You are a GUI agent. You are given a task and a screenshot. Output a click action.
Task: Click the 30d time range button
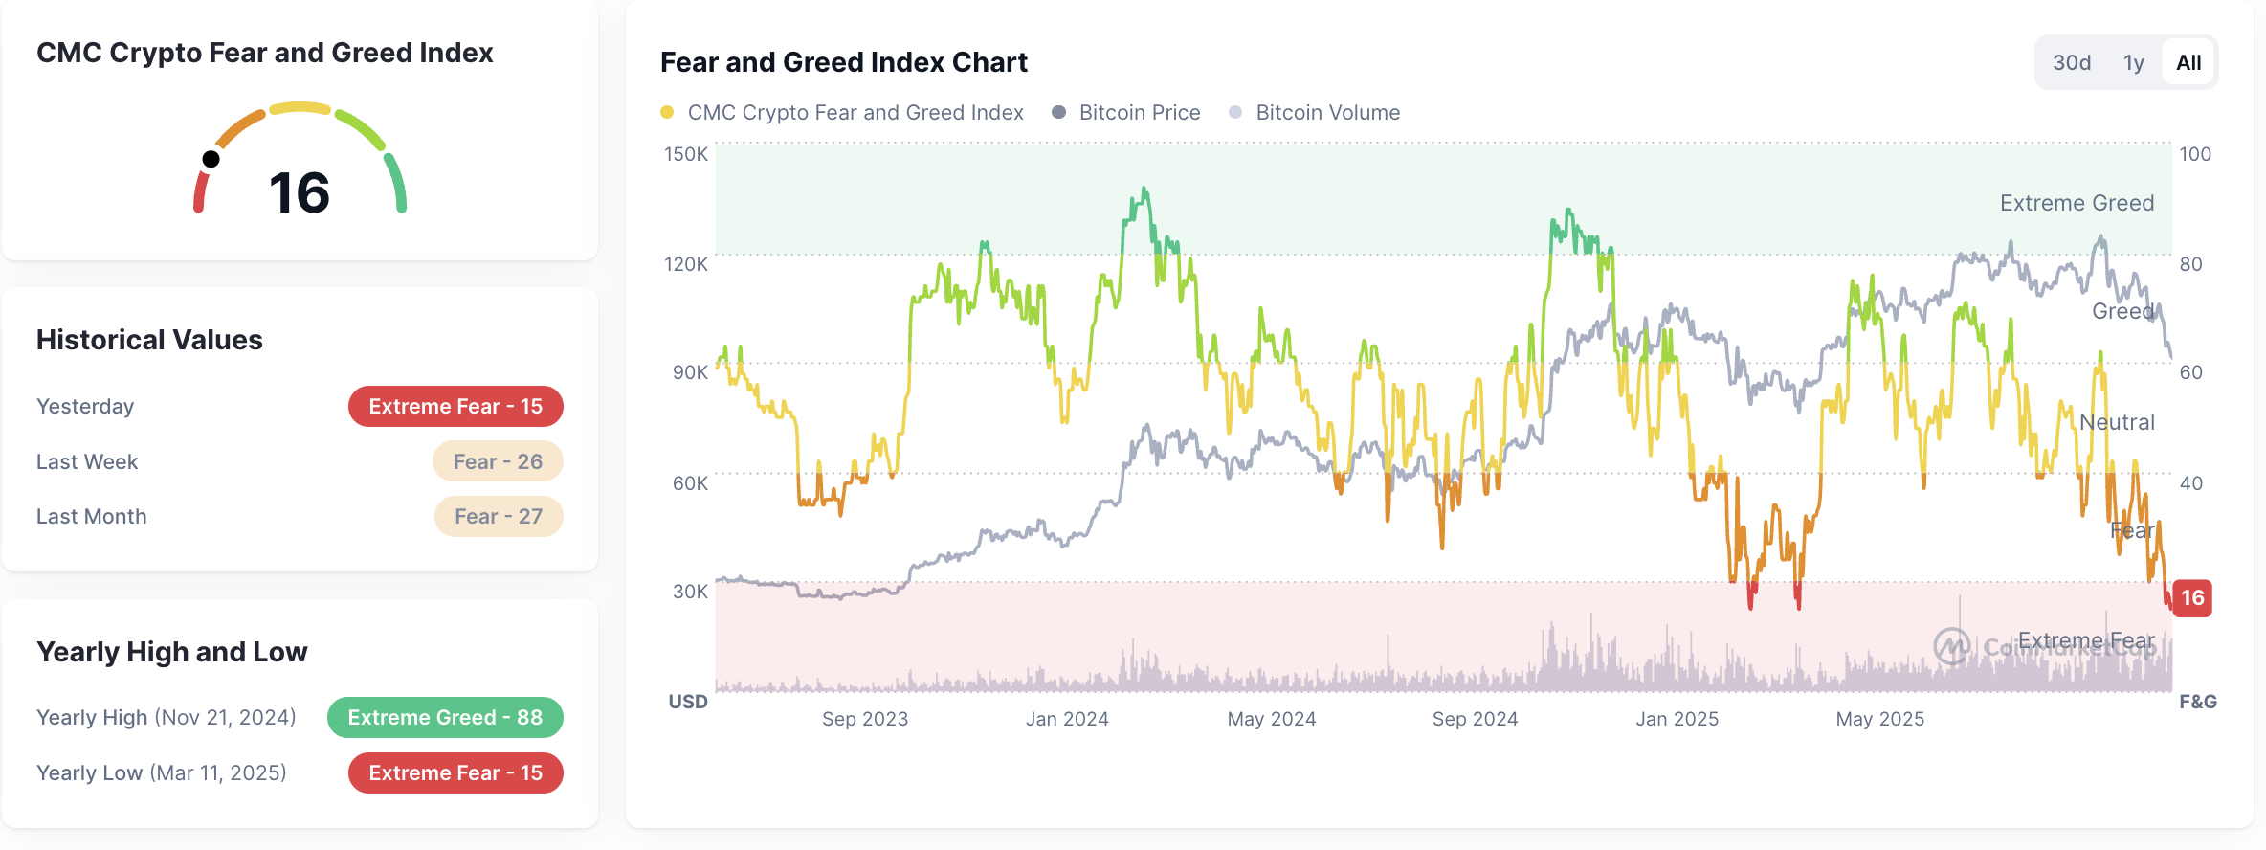[2071, 63]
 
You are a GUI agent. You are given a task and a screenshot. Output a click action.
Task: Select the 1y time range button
[2133, 63]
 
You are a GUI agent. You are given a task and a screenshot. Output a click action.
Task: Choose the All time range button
[2188, 63]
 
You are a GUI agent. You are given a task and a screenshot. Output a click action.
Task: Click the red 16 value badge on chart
[2192, 598]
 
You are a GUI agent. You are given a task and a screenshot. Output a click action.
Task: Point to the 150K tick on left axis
[686, 154]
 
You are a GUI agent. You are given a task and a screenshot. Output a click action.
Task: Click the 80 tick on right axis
[2190, 264]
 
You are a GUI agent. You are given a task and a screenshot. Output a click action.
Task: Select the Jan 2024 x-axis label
[1067, 719]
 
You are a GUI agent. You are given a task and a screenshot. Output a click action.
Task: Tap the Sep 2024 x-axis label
[1475, 719]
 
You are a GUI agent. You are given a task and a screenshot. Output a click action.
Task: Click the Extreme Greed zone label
[2077, 203]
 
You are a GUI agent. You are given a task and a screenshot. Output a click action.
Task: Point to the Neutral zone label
[2117, 422]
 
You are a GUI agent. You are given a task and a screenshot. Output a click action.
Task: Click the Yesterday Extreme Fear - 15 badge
[455, 407]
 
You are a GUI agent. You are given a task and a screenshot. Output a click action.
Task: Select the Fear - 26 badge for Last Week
[498, 461]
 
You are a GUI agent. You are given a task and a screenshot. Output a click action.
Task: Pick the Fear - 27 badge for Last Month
[499, 517]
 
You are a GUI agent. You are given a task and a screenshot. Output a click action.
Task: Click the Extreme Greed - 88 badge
[445, 718]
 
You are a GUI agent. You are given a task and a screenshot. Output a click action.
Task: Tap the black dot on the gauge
[211, 159]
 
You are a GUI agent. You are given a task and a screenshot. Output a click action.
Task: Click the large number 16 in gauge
[300, 192]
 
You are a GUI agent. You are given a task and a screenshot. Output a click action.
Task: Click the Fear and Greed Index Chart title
[843, 62]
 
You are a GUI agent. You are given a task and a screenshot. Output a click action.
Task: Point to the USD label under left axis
[687, 702]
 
